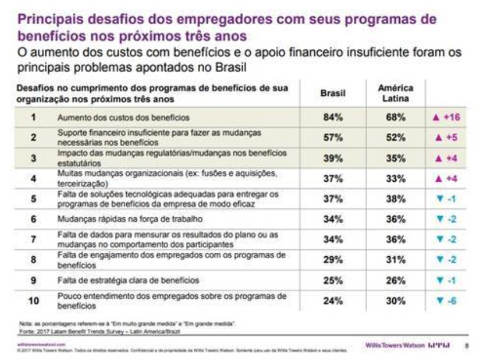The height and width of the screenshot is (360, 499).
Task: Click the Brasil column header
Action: click(333, 95)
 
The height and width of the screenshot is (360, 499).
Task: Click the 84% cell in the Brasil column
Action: click(333, 118)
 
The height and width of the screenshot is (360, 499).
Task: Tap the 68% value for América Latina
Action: click(395, 118)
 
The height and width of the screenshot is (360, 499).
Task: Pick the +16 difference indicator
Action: click(447, 118)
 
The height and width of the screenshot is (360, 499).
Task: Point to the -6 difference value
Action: click(447, 301)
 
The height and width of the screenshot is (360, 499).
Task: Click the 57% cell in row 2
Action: click(333, 138)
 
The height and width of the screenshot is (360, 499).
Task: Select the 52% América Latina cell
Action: click(395, 138)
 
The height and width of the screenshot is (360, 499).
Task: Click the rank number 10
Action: click(34, 301)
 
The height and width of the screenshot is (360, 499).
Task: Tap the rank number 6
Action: click(33, 220)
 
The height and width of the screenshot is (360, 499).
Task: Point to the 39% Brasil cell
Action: click(333, 158)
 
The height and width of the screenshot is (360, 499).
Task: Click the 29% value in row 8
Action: click(333, 260)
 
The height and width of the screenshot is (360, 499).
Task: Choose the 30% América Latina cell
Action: click(395, 301)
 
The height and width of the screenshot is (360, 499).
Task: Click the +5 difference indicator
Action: click(447, 138)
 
